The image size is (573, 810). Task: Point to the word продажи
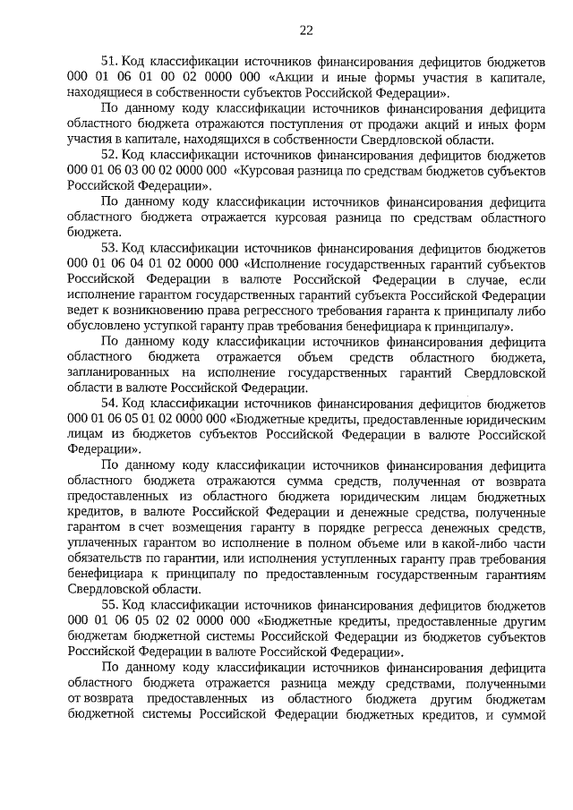[x=394, y=124]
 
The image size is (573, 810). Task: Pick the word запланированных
[x=121, y=372]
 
